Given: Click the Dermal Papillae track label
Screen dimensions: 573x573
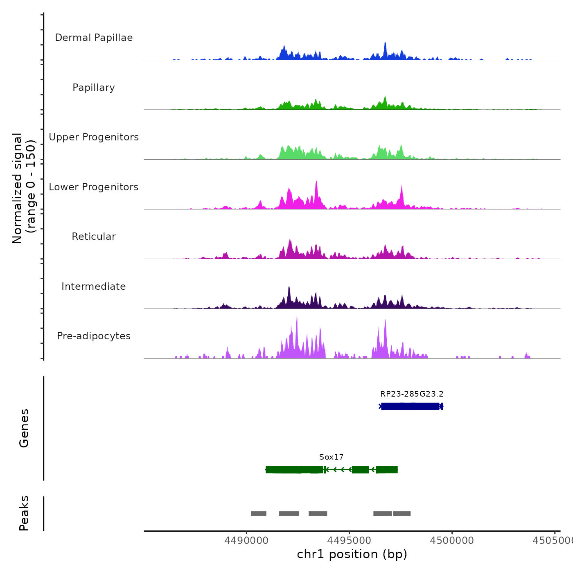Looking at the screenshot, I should (94, 38).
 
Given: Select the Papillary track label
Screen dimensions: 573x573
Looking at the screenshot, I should (94, 88).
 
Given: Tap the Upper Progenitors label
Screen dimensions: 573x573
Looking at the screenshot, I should (94, 137).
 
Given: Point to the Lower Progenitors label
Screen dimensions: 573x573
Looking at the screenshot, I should (94, 187).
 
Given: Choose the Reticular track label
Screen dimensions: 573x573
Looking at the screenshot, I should (94, 237).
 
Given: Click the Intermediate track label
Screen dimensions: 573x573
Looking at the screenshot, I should (94, 286).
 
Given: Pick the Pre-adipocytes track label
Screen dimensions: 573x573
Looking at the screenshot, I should (94, 336).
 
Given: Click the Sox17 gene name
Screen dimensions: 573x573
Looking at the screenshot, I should (332, 457).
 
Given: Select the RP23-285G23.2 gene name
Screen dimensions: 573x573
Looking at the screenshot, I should (412, 394).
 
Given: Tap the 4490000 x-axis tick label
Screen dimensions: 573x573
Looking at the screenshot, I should (246, 541).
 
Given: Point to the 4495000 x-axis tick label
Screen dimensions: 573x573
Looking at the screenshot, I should (349, 541).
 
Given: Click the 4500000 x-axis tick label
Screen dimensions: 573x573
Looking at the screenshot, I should (452, 541).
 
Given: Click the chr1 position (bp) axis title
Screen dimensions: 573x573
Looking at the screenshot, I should (352, 554).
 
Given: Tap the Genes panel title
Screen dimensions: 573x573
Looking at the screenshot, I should (24, 428).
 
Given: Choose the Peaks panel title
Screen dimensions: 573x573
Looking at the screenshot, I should (24, 513).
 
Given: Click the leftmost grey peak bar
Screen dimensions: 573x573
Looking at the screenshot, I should (259, 514).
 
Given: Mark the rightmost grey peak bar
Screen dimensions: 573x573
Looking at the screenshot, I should (402, 514).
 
